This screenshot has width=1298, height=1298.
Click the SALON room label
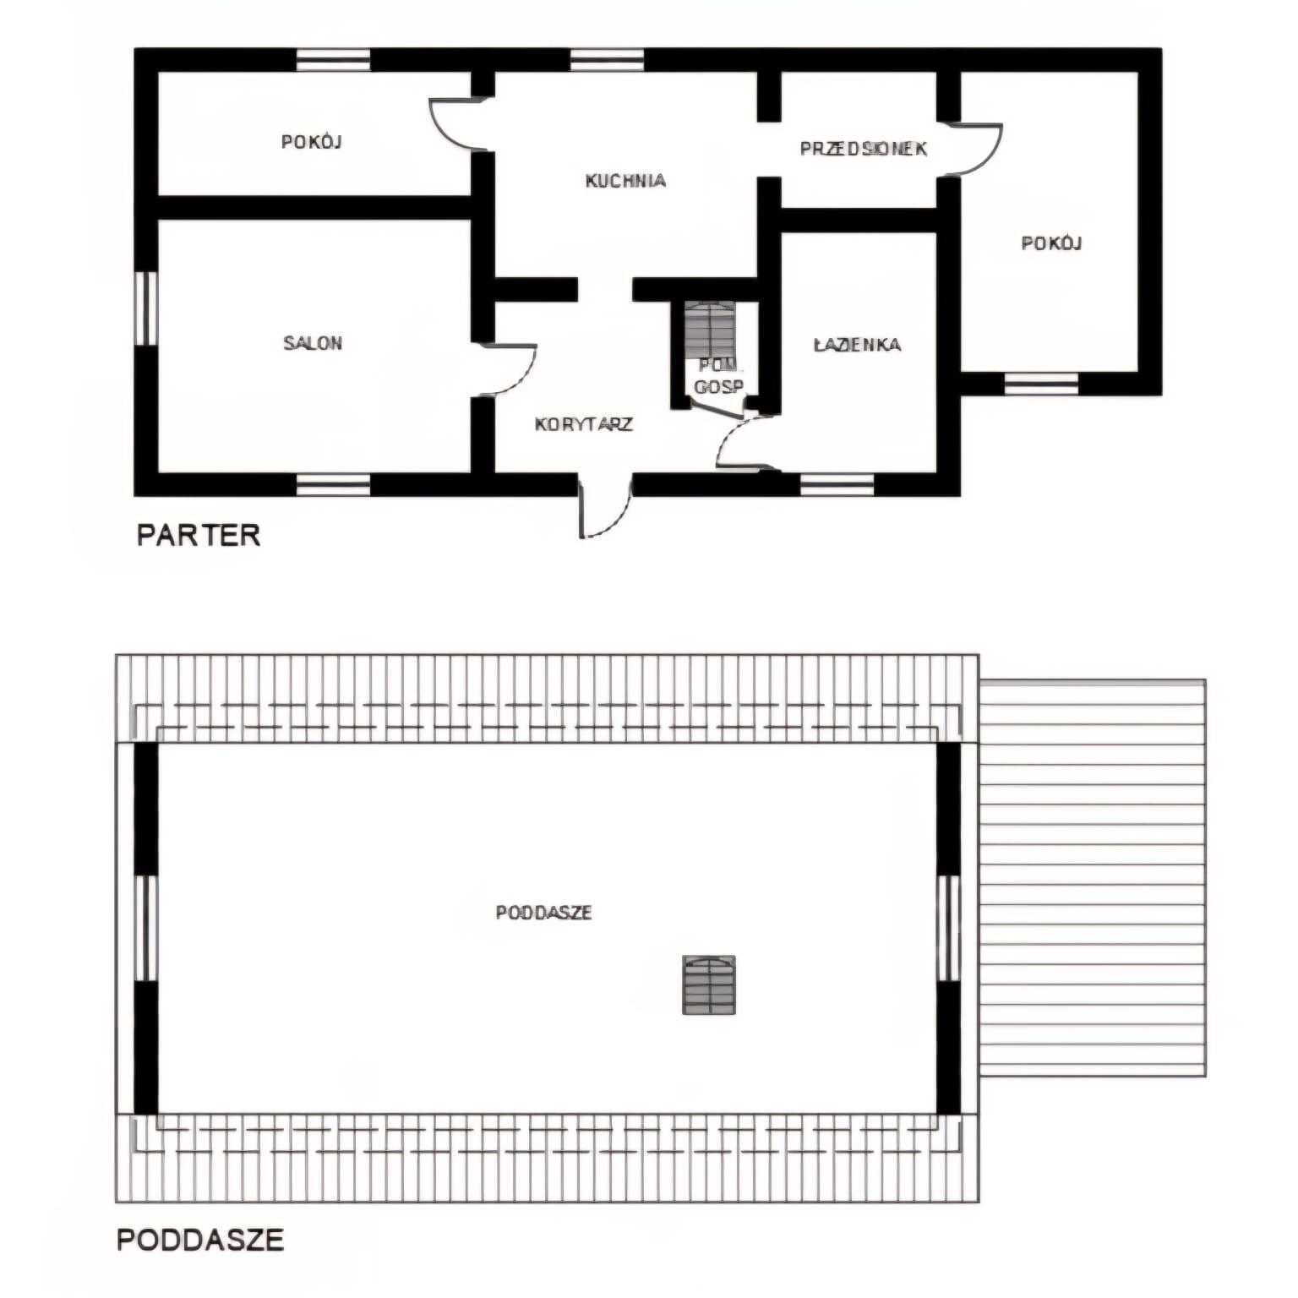click(313, 343)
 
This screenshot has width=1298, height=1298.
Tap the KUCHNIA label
click(625, 180)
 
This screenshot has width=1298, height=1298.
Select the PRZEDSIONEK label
click(864, 149)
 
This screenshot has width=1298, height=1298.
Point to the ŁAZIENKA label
click(857, 345)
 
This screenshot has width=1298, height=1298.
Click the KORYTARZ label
click(584, 424)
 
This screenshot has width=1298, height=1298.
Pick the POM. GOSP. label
click(719, 377)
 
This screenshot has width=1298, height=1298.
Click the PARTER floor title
click(199, 535)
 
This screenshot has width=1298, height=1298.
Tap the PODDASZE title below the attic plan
click(200, 1240)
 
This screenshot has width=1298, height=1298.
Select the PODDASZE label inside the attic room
click(543, 913)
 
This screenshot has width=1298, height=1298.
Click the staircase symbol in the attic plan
click(709, 984)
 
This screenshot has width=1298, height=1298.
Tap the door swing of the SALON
click(508, 369)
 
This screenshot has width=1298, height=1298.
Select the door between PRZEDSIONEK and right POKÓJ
click(974, 150)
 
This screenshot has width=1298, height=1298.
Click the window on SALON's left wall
click(146, 308)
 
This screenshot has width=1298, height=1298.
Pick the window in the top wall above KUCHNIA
click(607, 60)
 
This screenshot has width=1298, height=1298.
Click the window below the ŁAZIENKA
click(837, 484)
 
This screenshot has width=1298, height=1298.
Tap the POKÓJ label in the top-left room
click(312, 142)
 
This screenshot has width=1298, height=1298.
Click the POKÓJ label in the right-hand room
click(1052, 243)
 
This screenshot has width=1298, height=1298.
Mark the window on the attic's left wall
click(146, 928)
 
